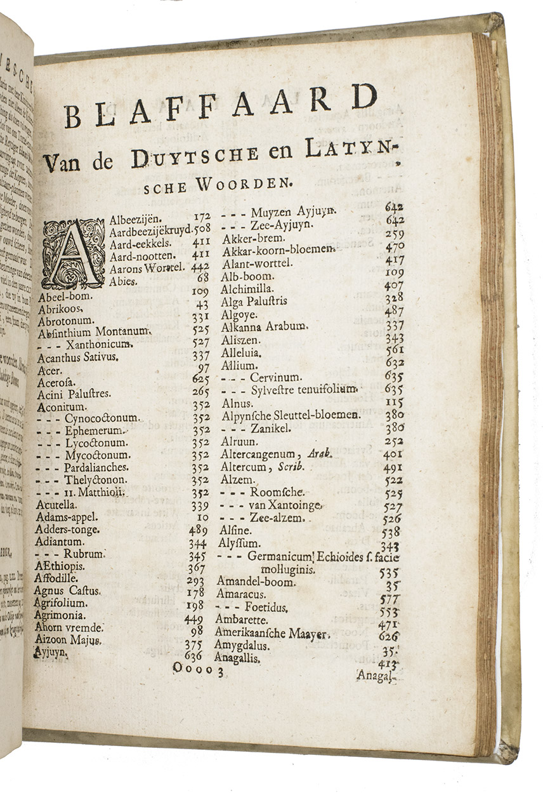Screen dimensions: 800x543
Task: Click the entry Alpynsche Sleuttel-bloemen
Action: point(291,415)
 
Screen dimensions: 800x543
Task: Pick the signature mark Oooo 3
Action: point(199,667)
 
